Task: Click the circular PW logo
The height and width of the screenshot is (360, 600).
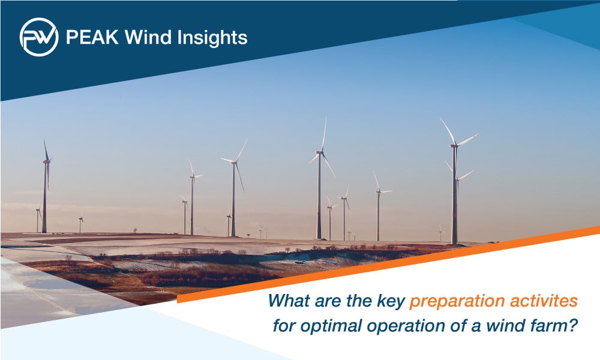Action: [39, 37]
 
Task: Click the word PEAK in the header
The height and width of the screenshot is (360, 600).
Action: [92, 37]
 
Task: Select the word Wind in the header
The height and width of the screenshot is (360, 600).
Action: [148, 37]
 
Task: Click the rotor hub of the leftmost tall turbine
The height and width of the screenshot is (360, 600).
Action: [46, 161]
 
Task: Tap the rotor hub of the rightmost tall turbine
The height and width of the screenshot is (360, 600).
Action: [454, 145]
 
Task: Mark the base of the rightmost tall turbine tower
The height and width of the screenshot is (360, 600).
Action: [455, 244]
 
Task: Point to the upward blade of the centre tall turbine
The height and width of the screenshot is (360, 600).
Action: [324, 135]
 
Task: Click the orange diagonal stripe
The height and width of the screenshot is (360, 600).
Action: [388, 265]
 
